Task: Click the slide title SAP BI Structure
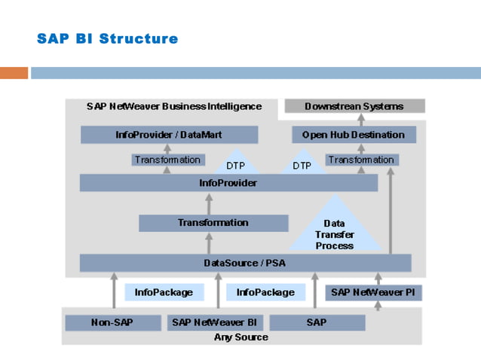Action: tap(107, 38)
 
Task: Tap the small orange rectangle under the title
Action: tap(14, 73)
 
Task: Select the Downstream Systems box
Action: tap(354, 106)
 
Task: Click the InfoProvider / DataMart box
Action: tap(169, 135)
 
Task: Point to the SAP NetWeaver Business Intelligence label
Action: tap(174, 106)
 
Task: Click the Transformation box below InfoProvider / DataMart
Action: tap(167, 160)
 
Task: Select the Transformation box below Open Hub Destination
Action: tap(361, 160)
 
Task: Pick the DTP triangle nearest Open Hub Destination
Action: tap(302, 163)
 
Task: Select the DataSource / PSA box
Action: tap(246, 263)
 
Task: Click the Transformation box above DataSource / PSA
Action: tap(213, 223)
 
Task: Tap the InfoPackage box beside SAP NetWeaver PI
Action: tap(265, 292)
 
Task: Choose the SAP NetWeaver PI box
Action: tap(361, 292)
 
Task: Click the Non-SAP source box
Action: tap(112, 322)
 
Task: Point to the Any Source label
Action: tap(241, 337)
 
